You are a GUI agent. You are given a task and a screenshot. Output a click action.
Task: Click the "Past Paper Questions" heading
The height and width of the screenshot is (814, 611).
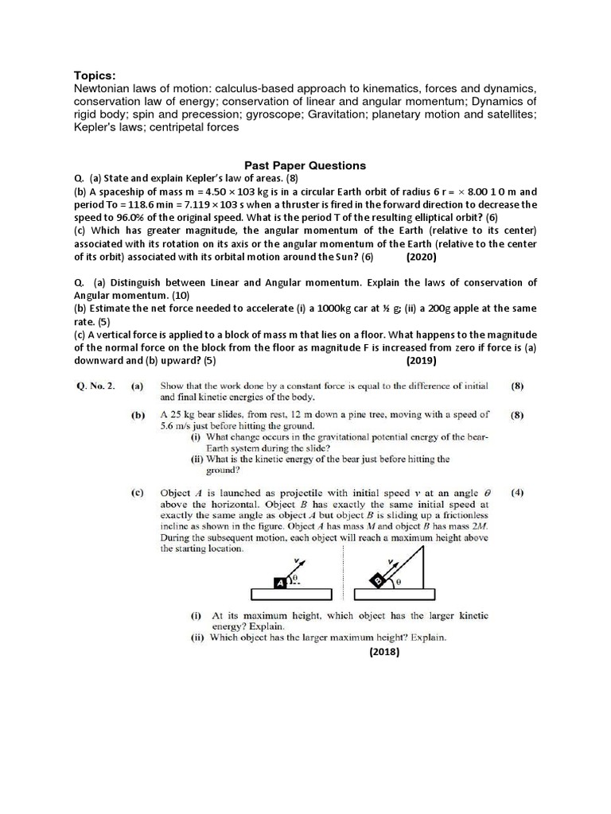305,165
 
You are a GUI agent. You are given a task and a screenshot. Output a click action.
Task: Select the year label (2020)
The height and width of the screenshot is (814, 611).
421,258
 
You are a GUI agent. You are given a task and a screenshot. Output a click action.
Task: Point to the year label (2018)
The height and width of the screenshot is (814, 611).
384,653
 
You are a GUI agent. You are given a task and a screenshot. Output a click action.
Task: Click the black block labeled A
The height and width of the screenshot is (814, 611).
280,583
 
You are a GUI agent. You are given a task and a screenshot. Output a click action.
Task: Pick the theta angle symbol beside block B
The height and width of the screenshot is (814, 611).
399,582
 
